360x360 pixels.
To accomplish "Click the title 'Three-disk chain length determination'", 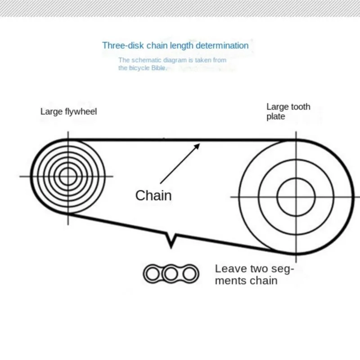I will pyautogui.click(x=175, y=45).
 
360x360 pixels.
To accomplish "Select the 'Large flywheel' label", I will pyautogui.click(x=68, y=111).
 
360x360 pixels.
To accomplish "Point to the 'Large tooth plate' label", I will pyautogui.click(x=288, y=112).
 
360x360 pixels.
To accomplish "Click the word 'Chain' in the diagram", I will pyautogui.click(x=153, y=195).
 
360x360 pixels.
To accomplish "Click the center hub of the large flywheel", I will pyautogui.click(x=68, y=176).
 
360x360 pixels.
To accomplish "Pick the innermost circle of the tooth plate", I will pyautogui.click(x=296, y=197).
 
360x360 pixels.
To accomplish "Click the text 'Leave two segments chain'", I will pyautogui.click(x=254, y=274).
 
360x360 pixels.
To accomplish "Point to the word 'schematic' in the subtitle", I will pyautogui.click(x=143, y=60).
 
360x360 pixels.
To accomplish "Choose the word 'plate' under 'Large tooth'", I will pyautogui.click(x=276, y=117).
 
